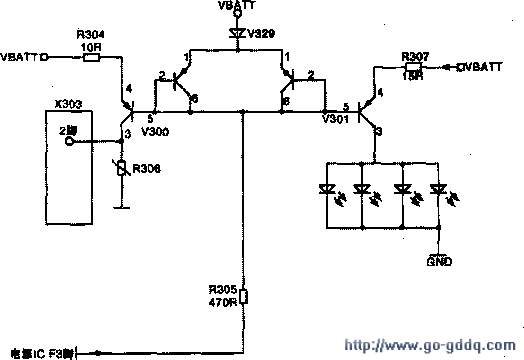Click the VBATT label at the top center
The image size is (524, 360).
tap(237, 6)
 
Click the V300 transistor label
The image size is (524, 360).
tap(155, 131)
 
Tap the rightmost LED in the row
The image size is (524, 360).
tap(437, 190)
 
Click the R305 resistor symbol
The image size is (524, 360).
tap(243, 294)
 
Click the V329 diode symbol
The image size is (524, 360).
tap(237, 34)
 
